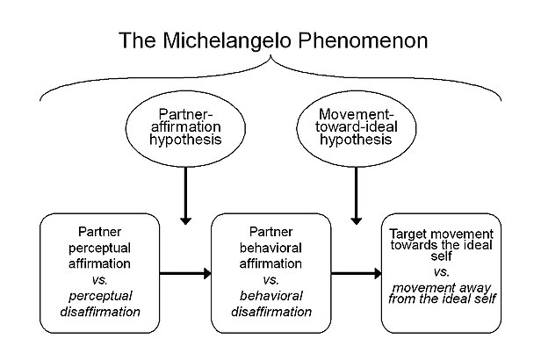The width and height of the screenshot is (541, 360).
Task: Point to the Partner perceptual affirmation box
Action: point(99,273)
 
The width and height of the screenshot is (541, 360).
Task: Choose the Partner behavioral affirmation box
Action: point(271,273)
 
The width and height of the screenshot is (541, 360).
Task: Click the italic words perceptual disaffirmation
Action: point(99,301)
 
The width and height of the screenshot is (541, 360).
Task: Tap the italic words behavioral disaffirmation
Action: point(271,301)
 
